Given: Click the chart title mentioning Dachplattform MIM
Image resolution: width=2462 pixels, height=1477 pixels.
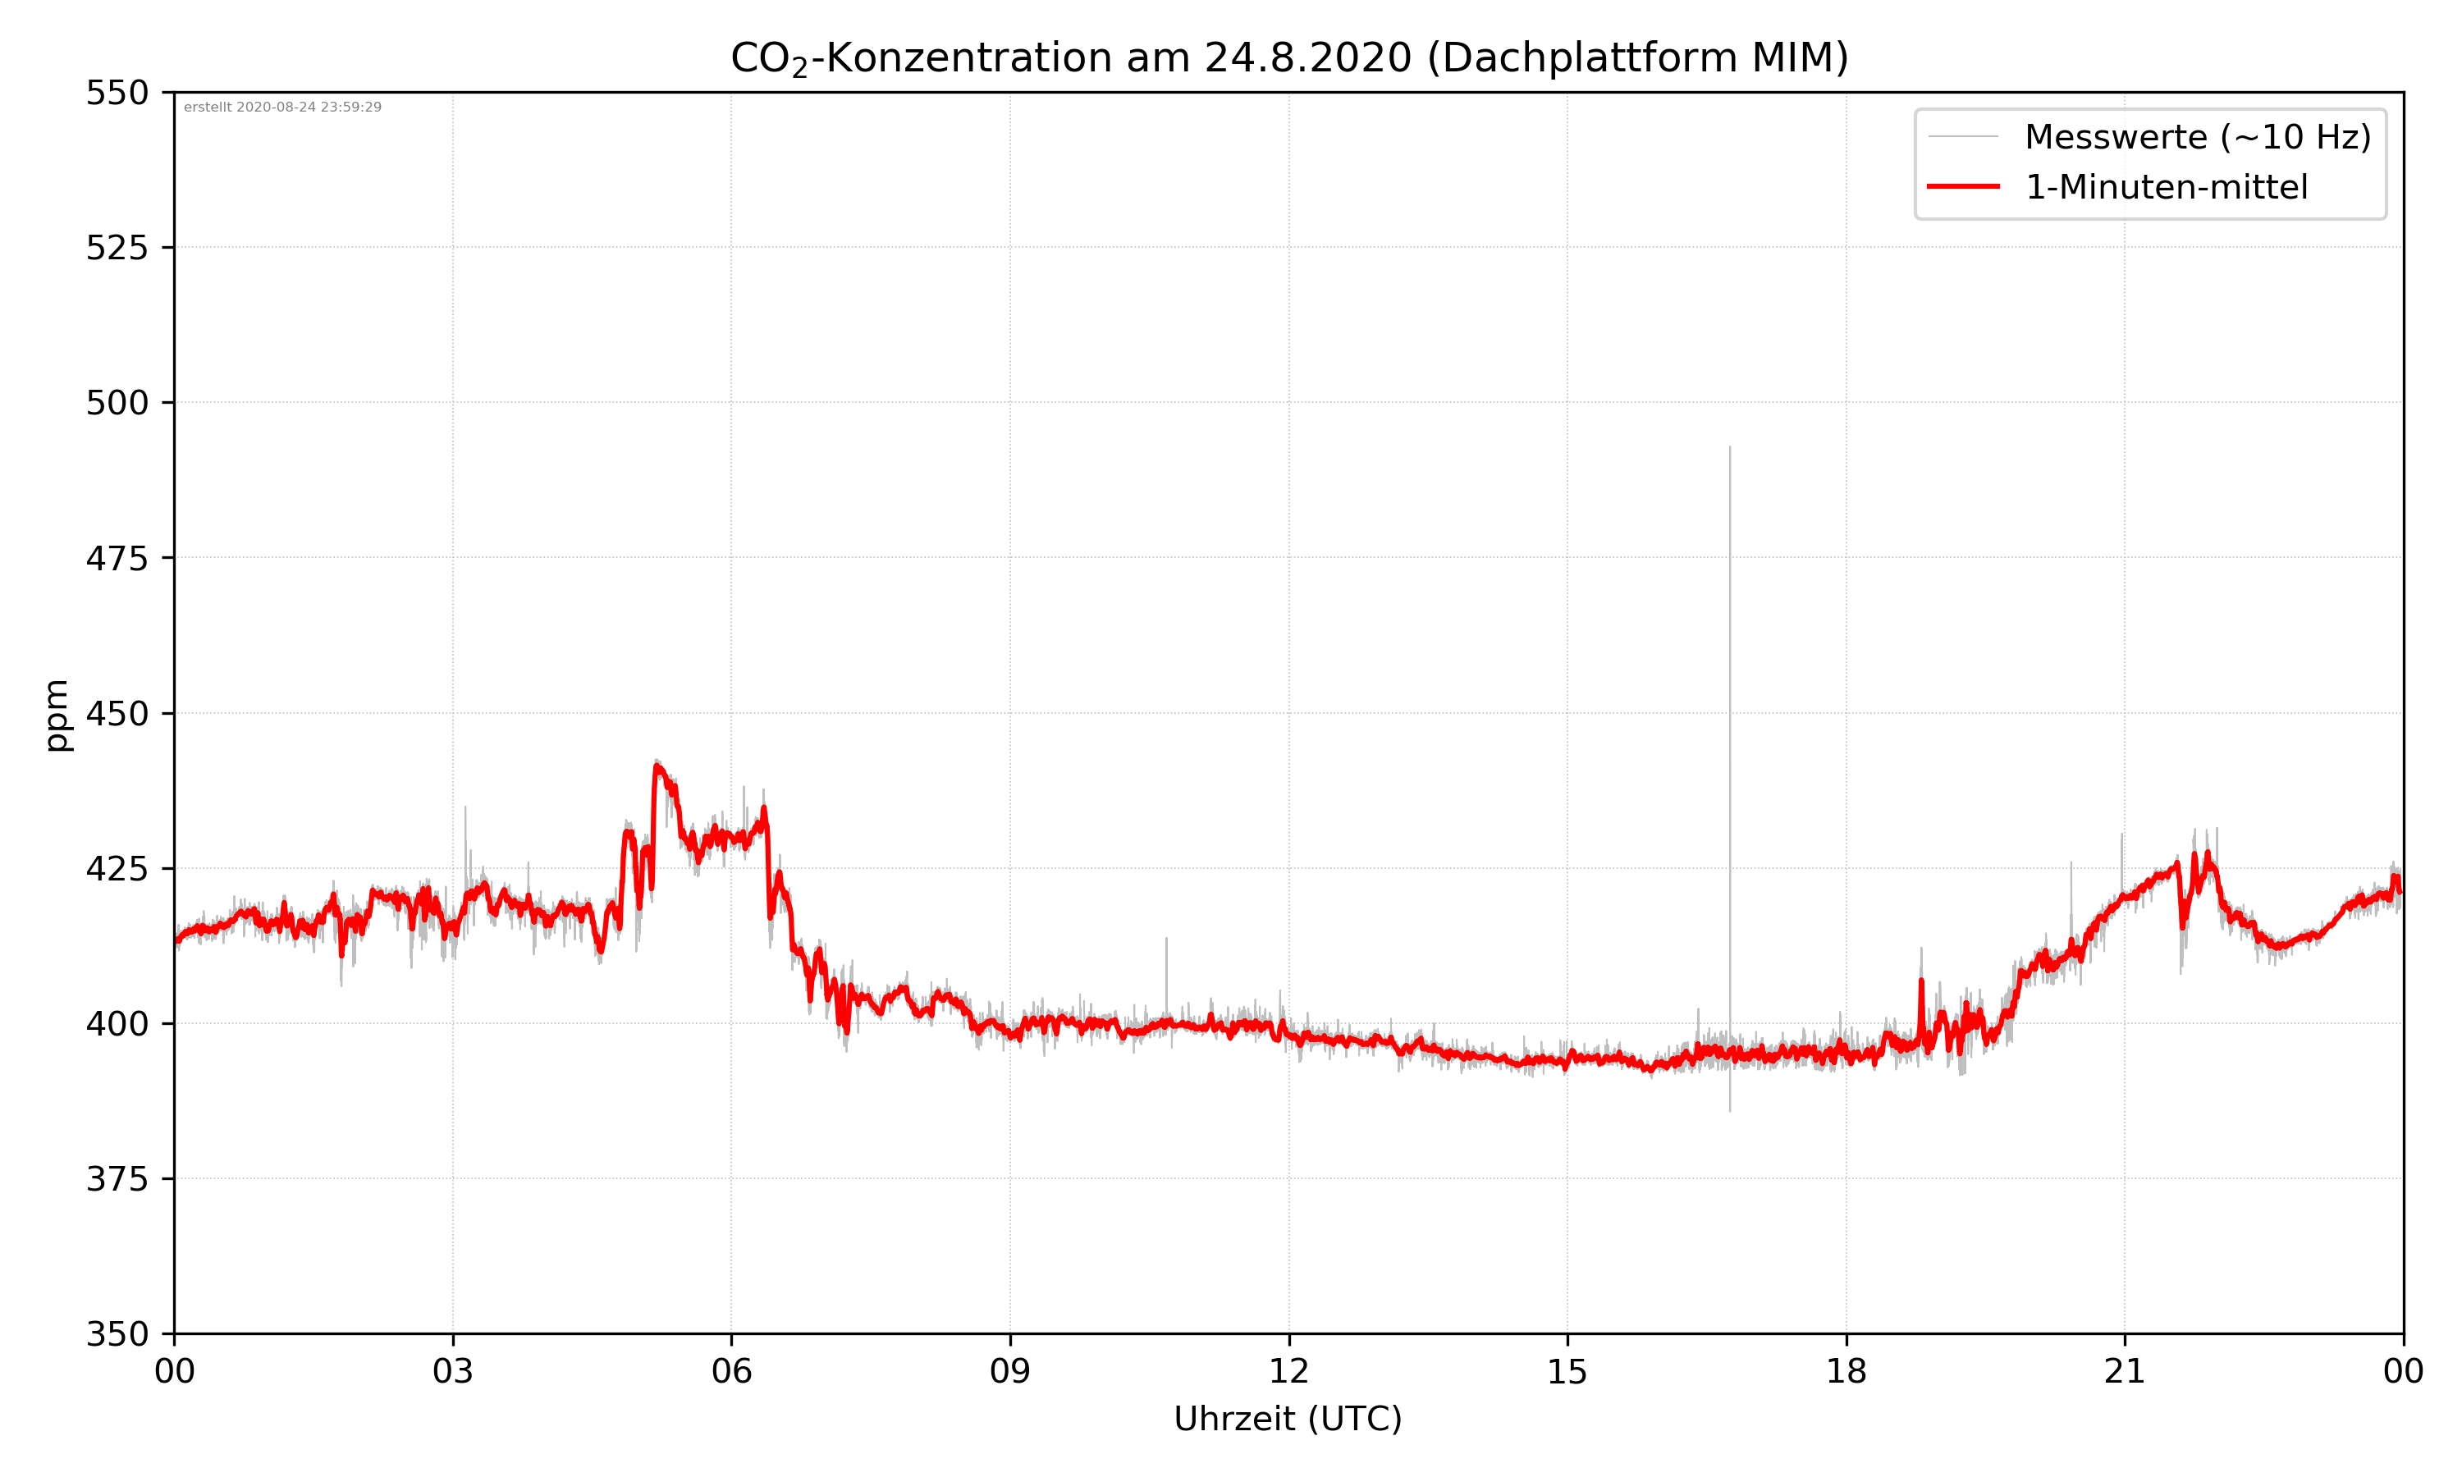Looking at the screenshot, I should click(1288, 57).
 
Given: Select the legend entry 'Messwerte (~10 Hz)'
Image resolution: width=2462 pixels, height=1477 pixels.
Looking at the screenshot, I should click(2197, 137).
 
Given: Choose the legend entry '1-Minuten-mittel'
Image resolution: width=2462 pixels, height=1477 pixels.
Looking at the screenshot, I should click(2166, 187).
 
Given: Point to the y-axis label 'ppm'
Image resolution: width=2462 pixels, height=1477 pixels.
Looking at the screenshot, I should click(57, 715).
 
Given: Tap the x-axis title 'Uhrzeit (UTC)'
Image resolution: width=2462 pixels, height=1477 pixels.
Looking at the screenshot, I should click(1288, 1418).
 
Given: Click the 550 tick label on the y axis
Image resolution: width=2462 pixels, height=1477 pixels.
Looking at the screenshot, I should click(117, 94).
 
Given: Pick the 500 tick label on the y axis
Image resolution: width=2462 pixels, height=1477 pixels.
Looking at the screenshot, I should click(117, 403).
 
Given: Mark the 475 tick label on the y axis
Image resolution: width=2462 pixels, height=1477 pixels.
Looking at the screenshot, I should click(117, 558).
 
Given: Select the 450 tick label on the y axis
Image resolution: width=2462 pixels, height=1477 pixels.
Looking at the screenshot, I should click(117, 714).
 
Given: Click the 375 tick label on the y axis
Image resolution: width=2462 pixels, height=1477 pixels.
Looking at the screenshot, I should click(117, 1179).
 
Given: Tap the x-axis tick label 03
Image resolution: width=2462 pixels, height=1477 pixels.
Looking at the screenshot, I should click(453, 1371).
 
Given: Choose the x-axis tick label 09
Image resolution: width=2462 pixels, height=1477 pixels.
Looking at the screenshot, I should click(1010, 1371).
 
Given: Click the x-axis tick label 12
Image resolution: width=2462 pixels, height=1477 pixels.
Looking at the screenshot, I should click(1288, 1371).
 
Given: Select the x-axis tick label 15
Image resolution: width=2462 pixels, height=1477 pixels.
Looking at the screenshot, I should click(1567, 1371).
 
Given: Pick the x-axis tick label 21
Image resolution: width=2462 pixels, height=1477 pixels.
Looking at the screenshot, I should click(2125, 1371).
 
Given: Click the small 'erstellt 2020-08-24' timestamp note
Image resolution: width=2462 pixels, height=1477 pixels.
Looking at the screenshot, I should click(282, 107).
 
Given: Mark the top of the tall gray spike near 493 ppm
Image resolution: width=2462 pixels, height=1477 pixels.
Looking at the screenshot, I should click(1730, 449).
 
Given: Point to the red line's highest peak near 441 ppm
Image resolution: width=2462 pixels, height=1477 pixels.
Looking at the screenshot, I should click(658, 766).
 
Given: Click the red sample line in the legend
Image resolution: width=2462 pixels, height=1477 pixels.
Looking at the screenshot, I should click(1962, 186).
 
